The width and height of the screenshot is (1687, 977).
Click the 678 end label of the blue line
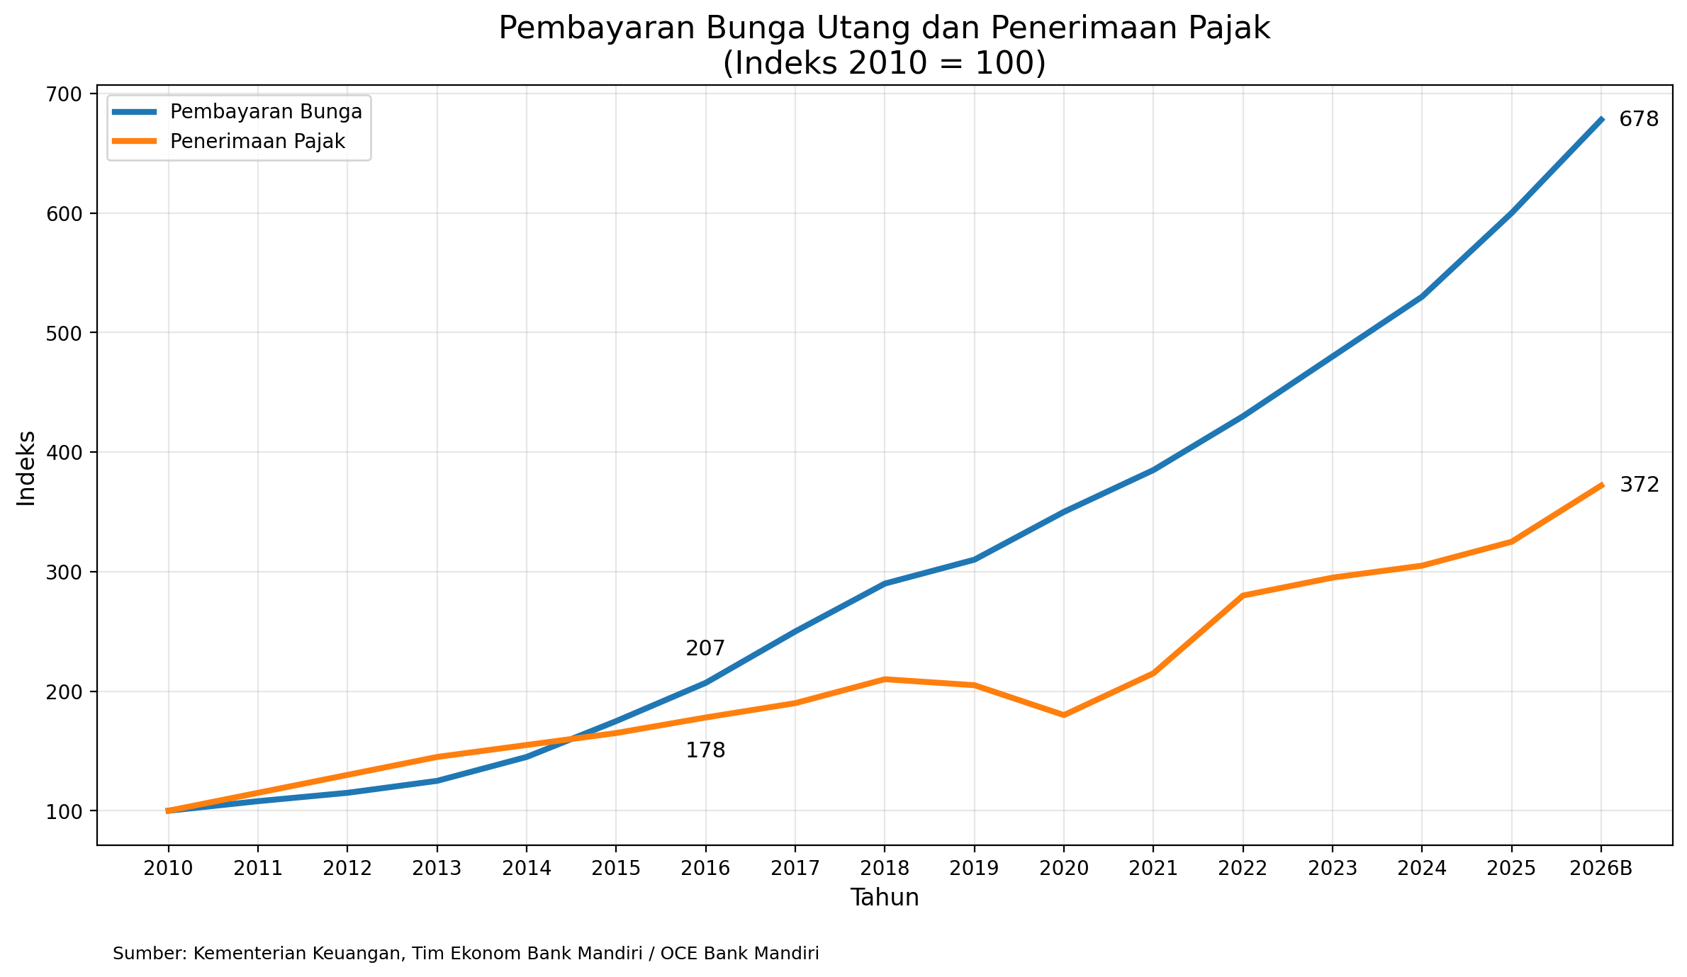1639,120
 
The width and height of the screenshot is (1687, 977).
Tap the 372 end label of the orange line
1639,485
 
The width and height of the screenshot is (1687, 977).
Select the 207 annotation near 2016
705,648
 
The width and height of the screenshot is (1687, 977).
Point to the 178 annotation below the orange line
705,751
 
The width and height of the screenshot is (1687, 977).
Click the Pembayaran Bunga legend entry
266,112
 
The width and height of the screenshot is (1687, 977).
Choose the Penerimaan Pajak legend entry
257,142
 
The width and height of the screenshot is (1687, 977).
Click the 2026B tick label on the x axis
1601,869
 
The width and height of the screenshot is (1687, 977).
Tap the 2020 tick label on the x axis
1063,869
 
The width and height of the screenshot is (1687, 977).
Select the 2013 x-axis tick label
437,869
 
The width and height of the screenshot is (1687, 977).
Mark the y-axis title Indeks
26,468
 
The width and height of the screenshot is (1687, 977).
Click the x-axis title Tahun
885,898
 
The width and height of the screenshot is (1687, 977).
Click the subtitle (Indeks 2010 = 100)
884,64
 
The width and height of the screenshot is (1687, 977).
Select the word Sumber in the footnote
147,954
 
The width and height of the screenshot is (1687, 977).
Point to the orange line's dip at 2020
1064,715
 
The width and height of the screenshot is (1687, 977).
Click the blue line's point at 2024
1422,297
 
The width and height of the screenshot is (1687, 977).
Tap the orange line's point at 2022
1243,596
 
